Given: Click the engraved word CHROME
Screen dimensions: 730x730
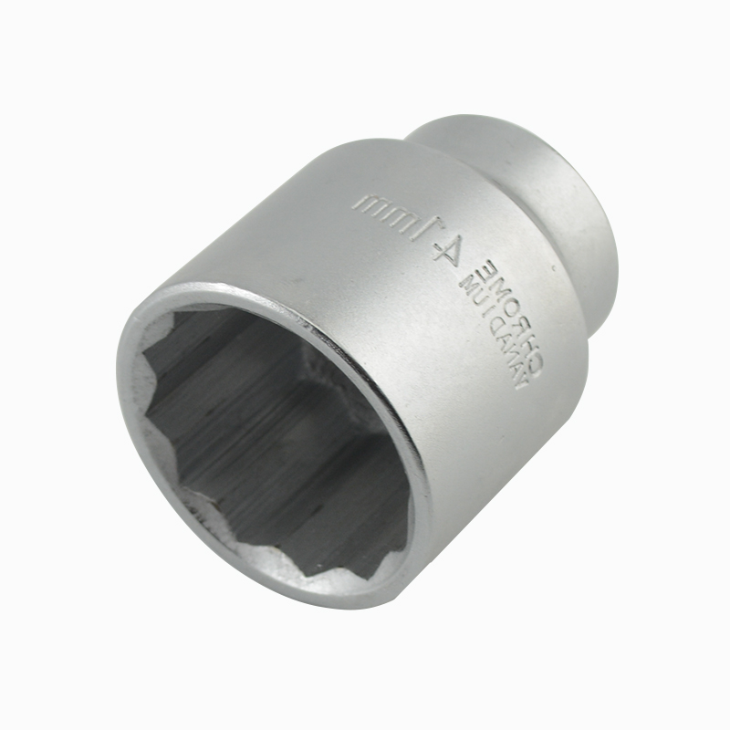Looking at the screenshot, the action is pos(514,317).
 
